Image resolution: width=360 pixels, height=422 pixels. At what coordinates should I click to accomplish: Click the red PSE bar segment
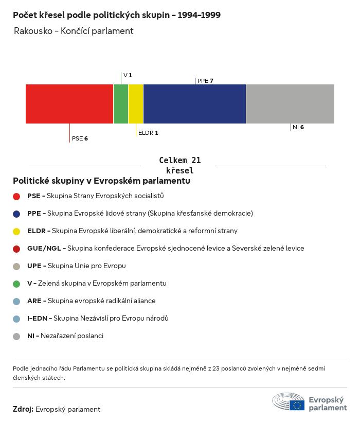click(69, 104)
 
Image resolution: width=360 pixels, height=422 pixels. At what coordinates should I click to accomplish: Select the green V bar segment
click(121, 104)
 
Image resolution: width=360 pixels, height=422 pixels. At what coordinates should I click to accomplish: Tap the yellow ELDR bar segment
click(136, 104)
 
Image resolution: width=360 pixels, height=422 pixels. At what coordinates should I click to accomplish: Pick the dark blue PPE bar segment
click(194, 104)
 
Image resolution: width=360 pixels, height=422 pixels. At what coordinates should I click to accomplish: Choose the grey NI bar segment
click(290, 104)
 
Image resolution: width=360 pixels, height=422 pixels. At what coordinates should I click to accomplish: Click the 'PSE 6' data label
click(80, 138)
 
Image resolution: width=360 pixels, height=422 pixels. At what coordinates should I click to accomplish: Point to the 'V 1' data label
click(128, 75)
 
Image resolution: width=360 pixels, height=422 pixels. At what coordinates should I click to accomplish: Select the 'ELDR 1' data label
click(148, 133)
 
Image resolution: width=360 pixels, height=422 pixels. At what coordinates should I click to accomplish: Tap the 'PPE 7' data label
click(205, 81)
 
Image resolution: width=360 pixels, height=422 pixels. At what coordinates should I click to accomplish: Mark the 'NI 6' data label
click(298, 127)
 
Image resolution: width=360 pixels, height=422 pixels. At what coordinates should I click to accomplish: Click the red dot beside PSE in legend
click(16, 196)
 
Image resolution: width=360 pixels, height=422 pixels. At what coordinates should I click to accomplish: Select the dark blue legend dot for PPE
click(16, 214)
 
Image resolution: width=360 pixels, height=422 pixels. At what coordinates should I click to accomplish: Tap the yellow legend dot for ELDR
click(16, 231)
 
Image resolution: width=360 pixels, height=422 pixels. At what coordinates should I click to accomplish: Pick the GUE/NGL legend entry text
click(166, 249)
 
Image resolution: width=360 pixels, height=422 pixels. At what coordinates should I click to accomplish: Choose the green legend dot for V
click(16, 284)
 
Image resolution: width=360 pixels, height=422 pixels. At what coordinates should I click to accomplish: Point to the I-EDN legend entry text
click(98, 319)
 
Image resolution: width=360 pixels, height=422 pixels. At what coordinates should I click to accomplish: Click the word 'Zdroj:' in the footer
click(23, 409)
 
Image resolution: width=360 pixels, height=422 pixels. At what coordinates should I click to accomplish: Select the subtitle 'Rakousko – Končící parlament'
click(74, 31)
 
